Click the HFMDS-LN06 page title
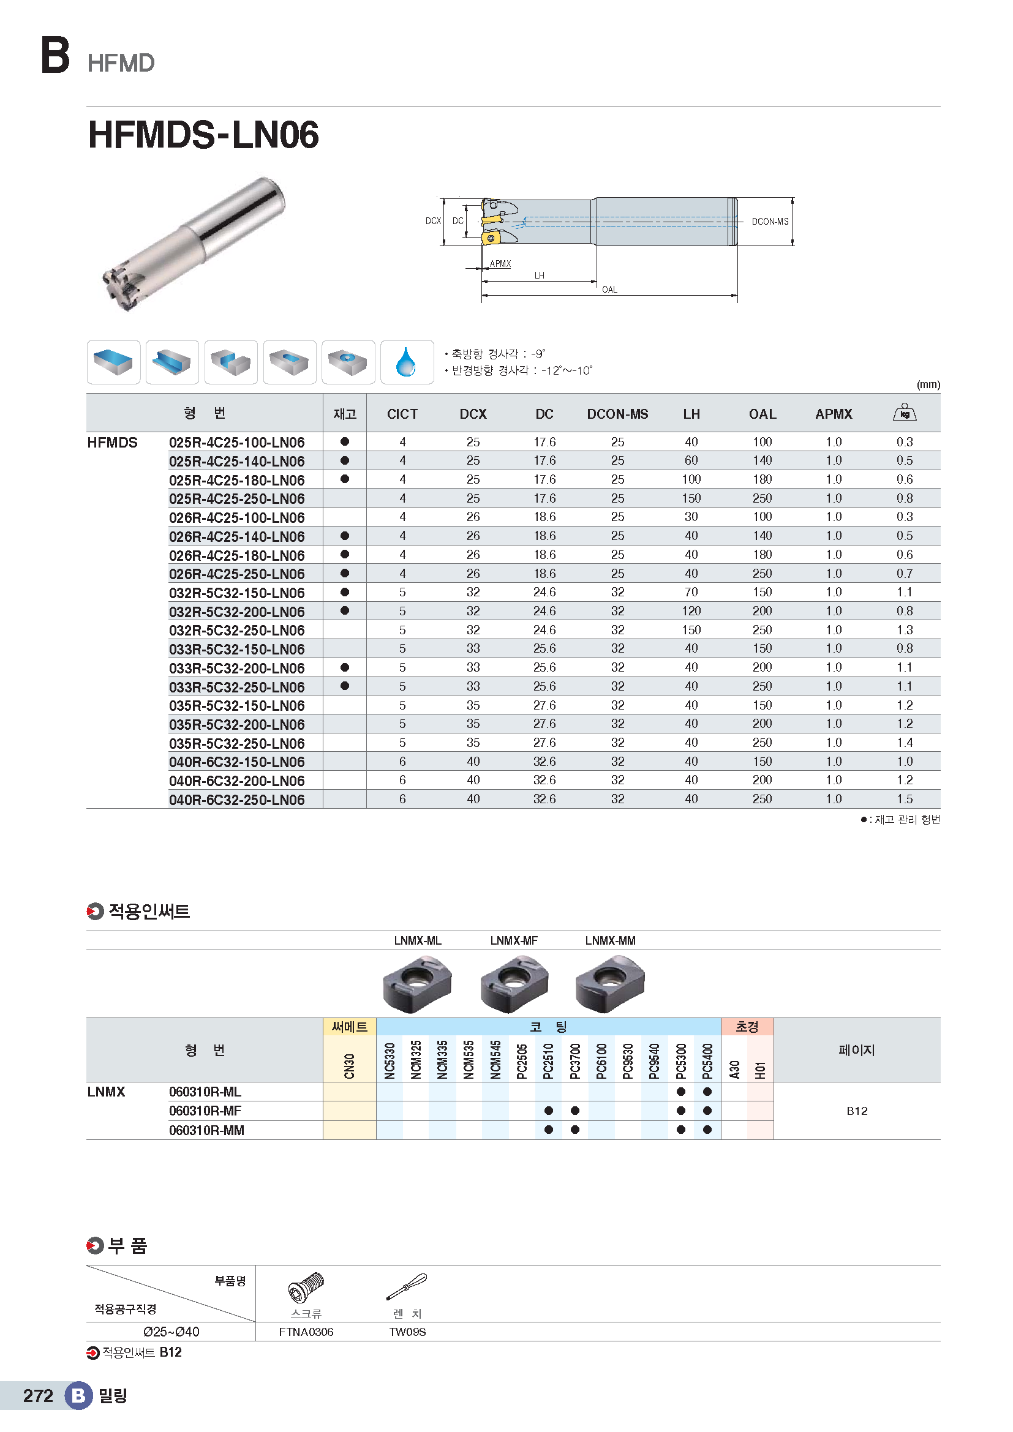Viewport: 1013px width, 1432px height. click(x=203, y=135)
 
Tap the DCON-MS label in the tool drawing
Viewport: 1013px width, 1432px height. click(x=770, y=222)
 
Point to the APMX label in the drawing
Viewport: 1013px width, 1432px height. click(x=500, y=264)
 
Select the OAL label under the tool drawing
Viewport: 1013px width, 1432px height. click(x=609, y=290)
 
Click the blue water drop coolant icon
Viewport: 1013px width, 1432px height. click(x=406, y=362)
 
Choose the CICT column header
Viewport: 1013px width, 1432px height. click(x=402, y=414)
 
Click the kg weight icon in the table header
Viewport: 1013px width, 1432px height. click(x=905, y=412)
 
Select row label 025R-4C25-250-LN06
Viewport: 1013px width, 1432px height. click(x=236, y=499)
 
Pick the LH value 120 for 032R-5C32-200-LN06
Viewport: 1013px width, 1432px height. click(x=691, y=611)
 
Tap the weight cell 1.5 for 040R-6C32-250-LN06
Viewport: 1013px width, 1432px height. click(x=905, y=799)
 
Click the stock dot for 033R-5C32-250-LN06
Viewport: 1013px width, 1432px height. click(x=344, y=686)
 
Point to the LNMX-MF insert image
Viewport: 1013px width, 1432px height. click(x=514, y=985)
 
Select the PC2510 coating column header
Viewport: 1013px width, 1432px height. click(x=548, y=1060)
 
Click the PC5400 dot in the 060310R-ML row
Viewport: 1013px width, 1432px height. click(x=707, y=1092)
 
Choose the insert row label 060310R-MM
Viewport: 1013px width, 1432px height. click(x=206, y=1130)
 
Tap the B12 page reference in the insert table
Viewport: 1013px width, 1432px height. click(x=856, y=1111)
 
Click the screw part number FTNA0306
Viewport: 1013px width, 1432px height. click(x=306, y=1332)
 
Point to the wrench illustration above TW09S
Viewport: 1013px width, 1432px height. click(x=407, y=1287)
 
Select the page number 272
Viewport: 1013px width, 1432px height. click(x=38, y=1396)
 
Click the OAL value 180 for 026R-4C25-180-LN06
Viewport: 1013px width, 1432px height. click(x=763, y=555)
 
